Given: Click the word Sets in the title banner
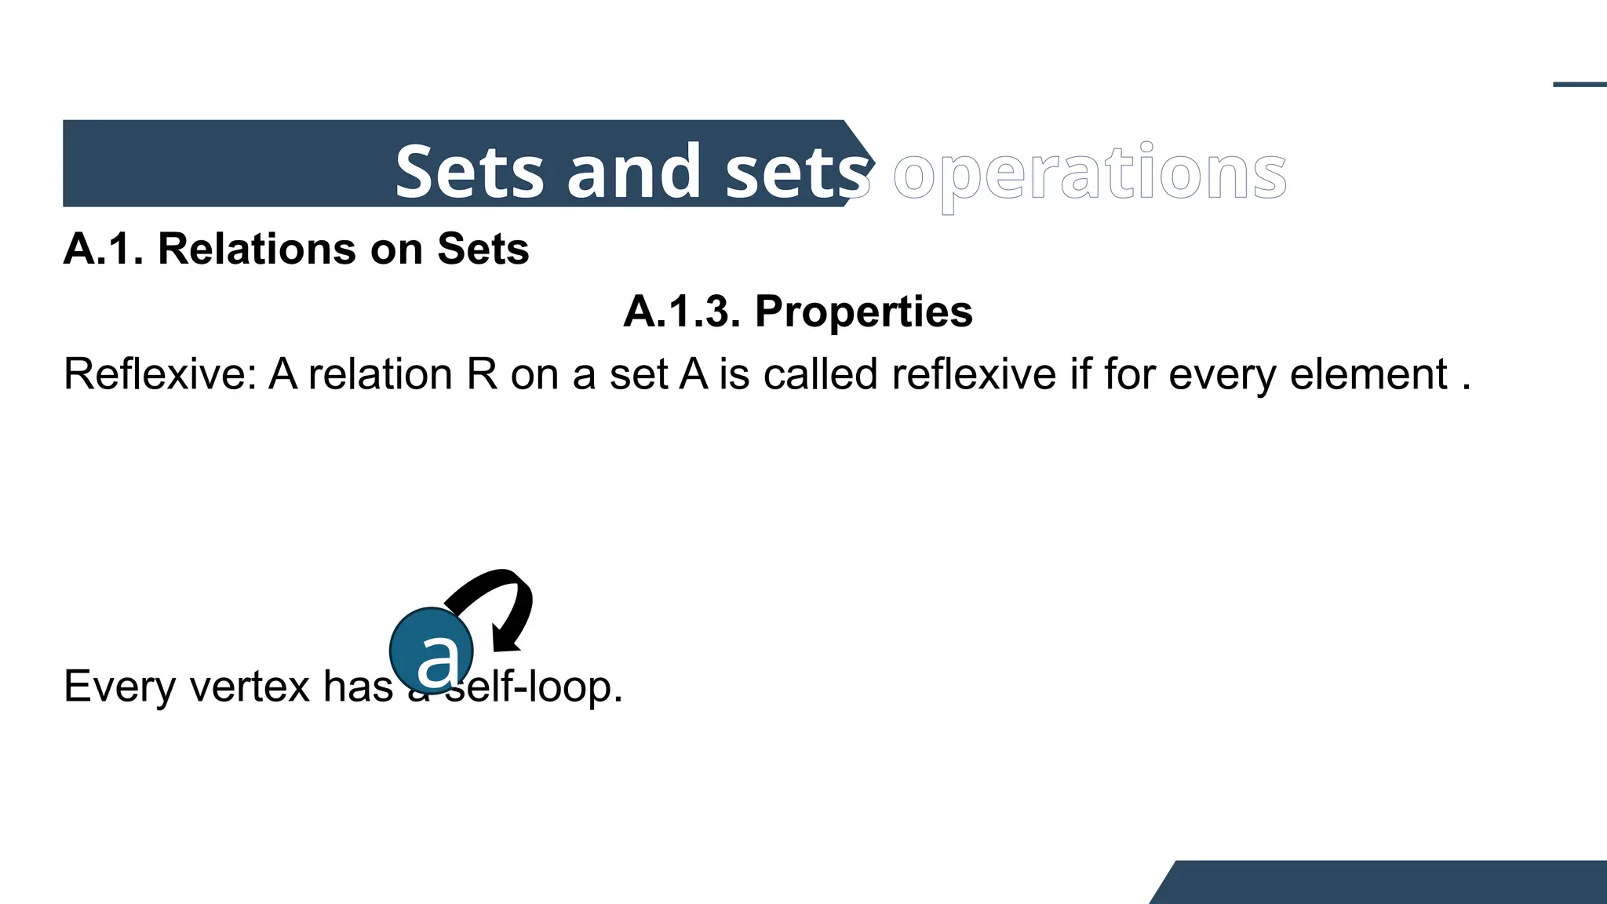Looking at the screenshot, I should click(x=469, y=172).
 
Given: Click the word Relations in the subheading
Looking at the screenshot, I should click(x=257, y=249).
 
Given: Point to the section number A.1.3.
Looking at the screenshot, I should click(x=682, y=312).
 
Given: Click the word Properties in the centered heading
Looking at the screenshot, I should click(x=863, y=312).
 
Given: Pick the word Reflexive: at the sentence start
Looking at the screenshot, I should click(x=160, y=374).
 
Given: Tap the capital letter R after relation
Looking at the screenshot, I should click(x=482, y=374).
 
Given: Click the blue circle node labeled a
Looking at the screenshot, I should click(x=432, y=651).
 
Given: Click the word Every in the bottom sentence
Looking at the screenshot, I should click(x=119, y=687).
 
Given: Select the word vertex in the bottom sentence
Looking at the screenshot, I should click(x=250, y=687).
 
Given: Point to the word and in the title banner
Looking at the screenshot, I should click(x=634, y=172).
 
